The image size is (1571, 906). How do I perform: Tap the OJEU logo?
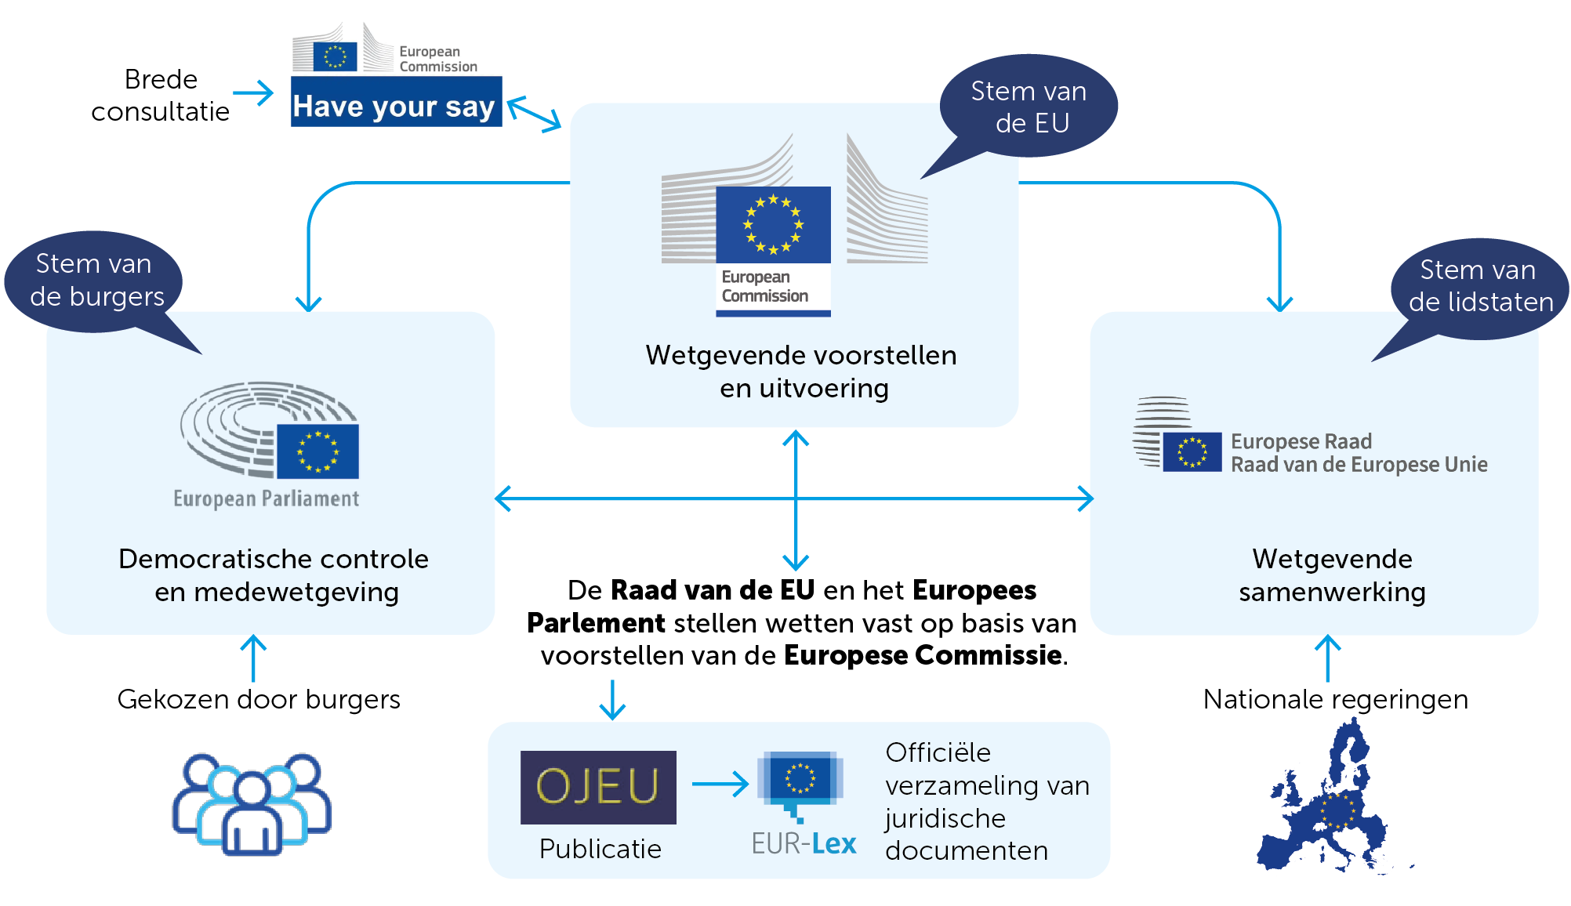pos(598,787)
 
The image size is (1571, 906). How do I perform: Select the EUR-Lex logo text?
pos(804,843)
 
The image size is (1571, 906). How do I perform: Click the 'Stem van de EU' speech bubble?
pos(1029,107)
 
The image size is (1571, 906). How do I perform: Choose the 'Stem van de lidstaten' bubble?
pos(1480,286)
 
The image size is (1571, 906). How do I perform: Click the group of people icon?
pos(252,804)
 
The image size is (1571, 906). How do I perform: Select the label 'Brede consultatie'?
pos(160,96)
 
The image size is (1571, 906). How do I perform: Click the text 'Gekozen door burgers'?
pos(259,699)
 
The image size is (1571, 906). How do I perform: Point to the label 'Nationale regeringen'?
pos(1335,699)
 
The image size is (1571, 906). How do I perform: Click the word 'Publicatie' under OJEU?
pos(600,849)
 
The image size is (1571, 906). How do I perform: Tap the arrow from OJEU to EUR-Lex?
pos(720,784)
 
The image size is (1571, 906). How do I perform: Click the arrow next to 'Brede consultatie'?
pos(253,93)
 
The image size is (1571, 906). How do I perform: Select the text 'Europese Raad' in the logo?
pos(1301,441)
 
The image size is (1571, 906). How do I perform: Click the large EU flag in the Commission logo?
pos(773,225)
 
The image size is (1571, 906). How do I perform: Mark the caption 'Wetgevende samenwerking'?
pos(1332,575)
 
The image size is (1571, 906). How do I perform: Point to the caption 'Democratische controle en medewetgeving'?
pos(274,575)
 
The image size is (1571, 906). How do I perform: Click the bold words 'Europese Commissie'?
pos(923,655)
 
